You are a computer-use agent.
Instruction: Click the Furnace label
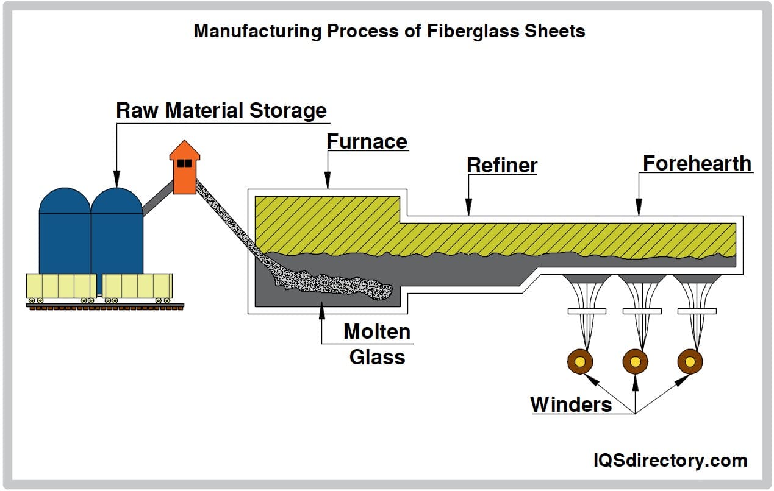point(367,141)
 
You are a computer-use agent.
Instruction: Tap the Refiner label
point(501,165)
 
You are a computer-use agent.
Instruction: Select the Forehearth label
point(697,163)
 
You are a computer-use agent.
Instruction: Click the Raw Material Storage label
point(221,111)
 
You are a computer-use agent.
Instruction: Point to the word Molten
point(376,332)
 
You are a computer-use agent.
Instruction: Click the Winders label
point(571,404)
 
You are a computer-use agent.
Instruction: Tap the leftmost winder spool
point(579,362)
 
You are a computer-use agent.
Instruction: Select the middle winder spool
point(635,362)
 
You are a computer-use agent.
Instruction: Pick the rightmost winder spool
point(690,362)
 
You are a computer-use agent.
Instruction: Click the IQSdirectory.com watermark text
point(670,461)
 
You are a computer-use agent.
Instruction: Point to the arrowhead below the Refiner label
point(468,210)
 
